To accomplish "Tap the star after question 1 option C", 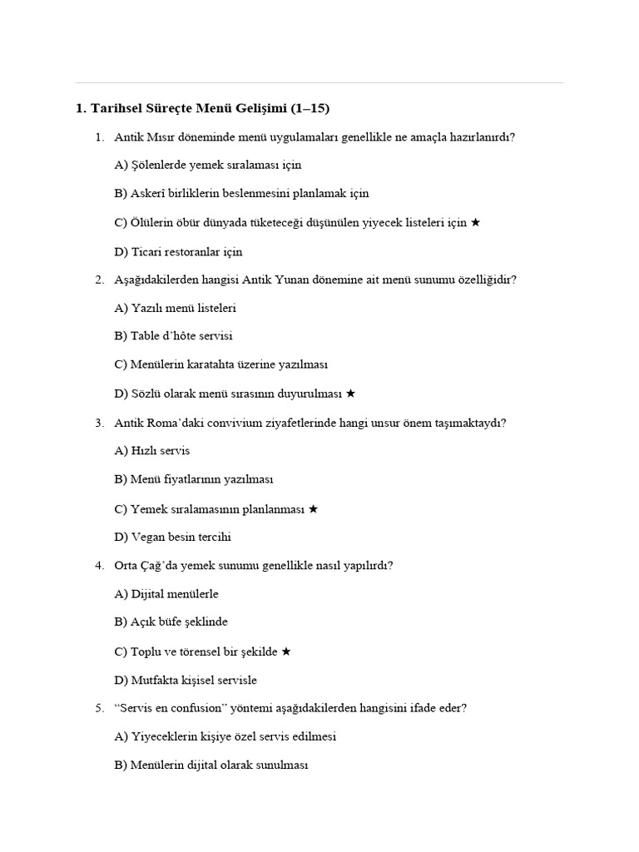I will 475,222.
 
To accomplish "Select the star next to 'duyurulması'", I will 350,393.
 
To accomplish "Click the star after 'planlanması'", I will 313,508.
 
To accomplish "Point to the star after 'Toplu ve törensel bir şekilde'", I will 286,651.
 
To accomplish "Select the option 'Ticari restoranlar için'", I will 178,251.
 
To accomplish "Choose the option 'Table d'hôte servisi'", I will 173,336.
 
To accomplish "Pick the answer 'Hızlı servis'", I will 152,451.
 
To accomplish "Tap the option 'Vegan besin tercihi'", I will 172,537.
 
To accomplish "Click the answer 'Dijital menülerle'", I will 166,594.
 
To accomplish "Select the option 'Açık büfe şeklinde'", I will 171,622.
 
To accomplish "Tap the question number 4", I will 99,566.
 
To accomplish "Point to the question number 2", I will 99,280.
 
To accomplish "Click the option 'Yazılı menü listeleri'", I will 175,308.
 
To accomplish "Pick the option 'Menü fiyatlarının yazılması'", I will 194,479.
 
